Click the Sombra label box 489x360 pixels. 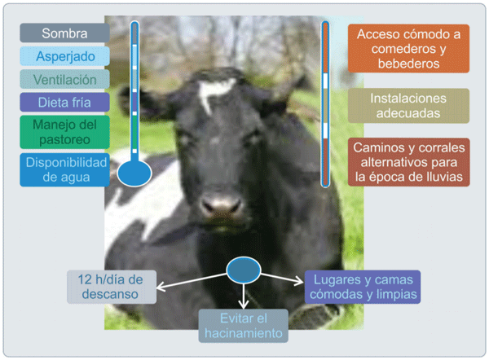pos(64,33)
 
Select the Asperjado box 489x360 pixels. pos(64,56)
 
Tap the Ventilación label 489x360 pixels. pos(64,79)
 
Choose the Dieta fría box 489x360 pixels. pos(64,102)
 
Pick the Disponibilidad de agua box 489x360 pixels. pos(64,169)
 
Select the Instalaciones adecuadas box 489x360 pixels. pos(408,106)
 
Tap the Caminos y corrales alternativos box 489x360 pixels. pos(408,162)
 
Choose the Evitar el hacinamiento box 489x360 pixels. pos(243,326)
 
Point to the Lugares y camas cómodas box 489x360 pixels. pos(363,287)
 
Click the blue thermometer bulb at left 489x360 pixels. pos(134,173)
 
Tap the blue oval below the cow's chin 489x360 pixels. pos(243,270)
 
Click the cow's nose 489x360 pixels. pos(221,200)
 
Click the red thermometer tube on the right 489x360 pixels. pos(324,106)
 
